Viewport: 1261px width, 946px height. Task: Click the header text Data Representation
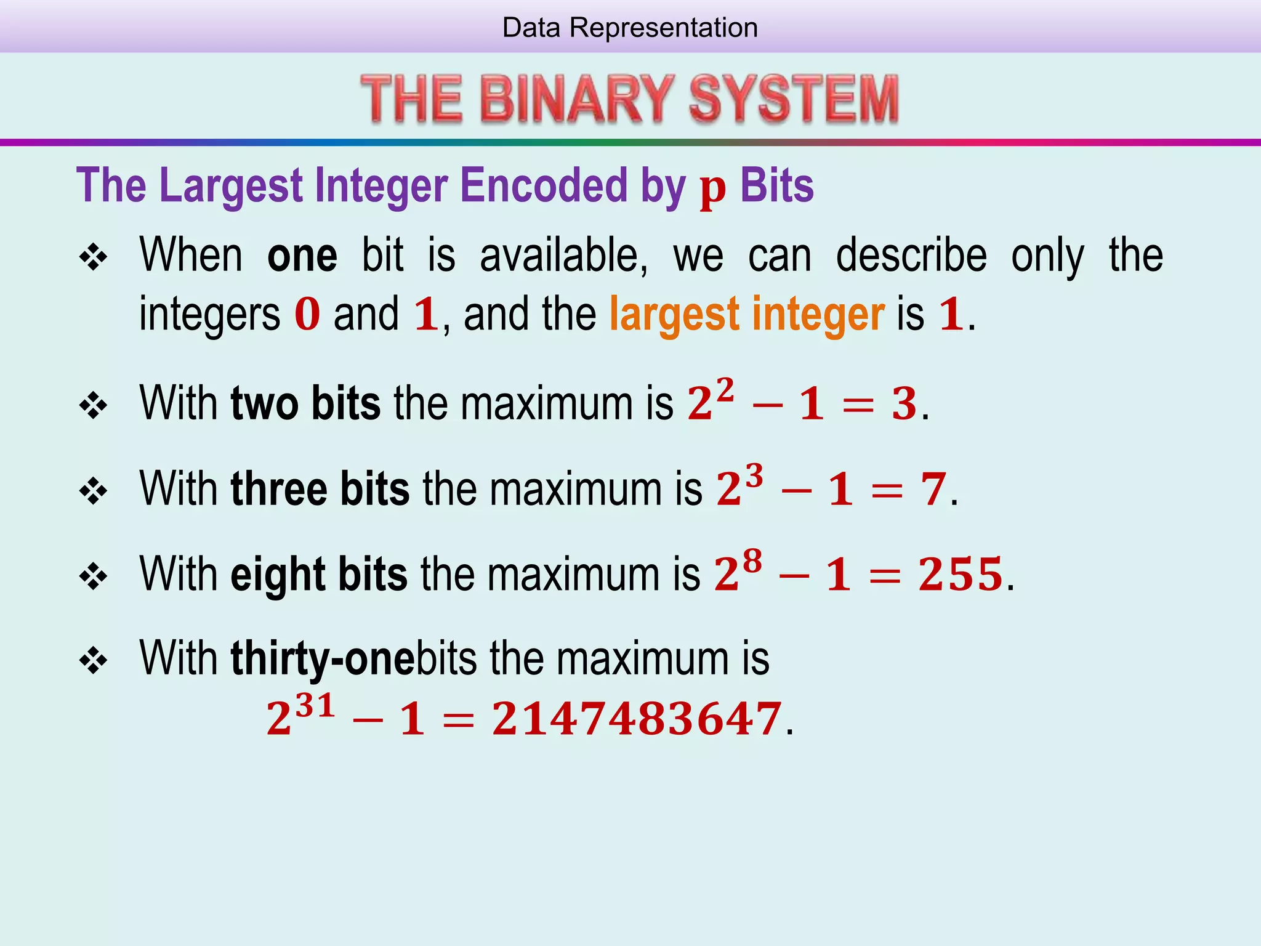(630, 28)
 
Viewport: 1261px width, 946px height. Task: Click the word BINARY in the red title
(576, 99)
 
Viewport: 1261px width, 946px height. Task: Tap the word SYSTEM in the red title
(794, 99)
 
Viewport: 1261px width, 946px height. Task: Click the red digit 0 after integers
(307, 314)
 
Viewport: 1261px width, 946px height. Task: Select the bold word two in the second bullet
(265, 403)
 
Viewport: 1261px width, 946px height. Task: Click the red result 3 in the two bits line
(904, 405)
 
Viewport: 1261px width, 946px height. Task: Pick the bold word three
(279, 488)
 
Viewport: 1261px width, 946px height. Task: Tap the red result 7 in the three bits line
(933, 490)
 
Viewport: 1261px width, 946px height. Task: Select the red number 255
(961, 575)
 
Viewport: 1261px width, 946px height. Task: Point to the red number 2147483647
(637, 719)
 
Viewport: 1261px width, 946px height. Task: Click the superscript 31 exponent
(315, 705)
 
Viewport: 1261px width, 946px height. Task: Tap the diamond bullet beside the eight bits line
(94, 576)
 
